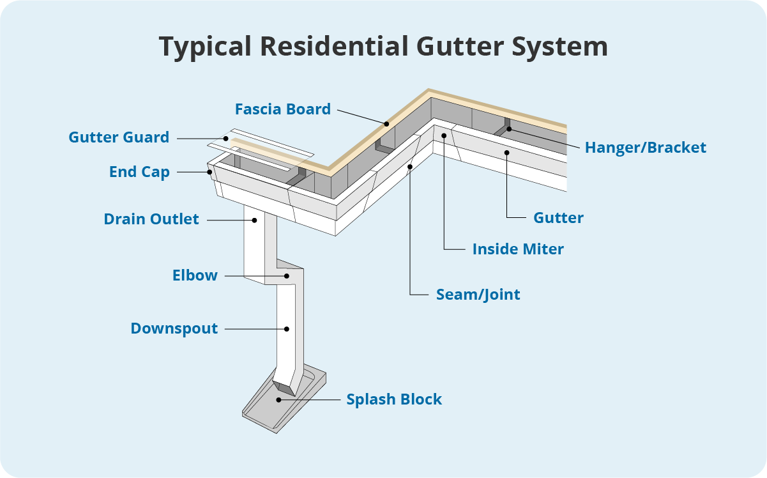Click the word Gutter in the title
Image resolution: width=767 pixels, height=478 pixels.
point(460,46)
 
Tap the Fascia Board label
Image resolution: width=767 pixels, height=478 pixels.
point(283,109)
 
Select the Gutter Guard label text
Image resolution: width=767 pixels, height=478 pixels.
point(119,137)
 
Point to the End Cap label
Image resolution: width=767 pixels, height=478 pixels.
point(139,172)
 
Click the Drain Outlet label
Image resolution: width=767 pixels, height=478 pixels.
point(151,219)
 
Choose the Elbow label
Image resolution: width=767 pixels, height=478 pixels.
point(195,275)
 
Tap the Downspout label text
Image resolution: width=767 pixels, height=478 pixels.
point(174,328)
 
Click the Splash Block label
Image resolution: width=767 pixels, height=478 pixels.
point(394,399)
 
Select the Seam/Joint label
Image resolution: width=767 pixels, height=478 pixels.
point(478,295)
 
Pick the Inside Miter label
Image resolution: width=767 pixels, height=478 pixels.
point(518,249)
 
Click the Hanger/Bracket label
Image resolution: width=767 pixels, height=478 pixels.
point(646,148)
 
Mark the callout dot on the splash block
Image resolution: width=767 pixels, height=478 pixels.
point(278,400)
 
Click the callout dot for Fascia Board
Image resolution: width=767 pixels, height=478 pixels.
point(386,124)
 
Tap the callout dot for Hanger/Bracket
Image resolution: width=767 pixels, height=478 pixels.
point(509,129)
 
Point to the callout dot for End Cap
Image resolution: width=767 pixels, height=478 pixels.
point(210,172)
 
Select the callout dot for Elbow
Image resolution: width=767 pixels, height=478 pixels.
point(287,276)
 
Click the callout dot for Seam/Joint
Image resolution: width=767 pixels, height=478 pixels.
point(410,167)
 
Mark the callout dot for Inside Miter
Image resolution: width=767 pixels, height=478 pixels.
point(444,135)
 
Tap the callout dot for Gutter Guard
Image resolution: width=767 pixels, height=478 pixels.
point(226,139)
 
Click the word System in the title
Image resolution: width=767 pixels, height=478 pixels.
point(560,47)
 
